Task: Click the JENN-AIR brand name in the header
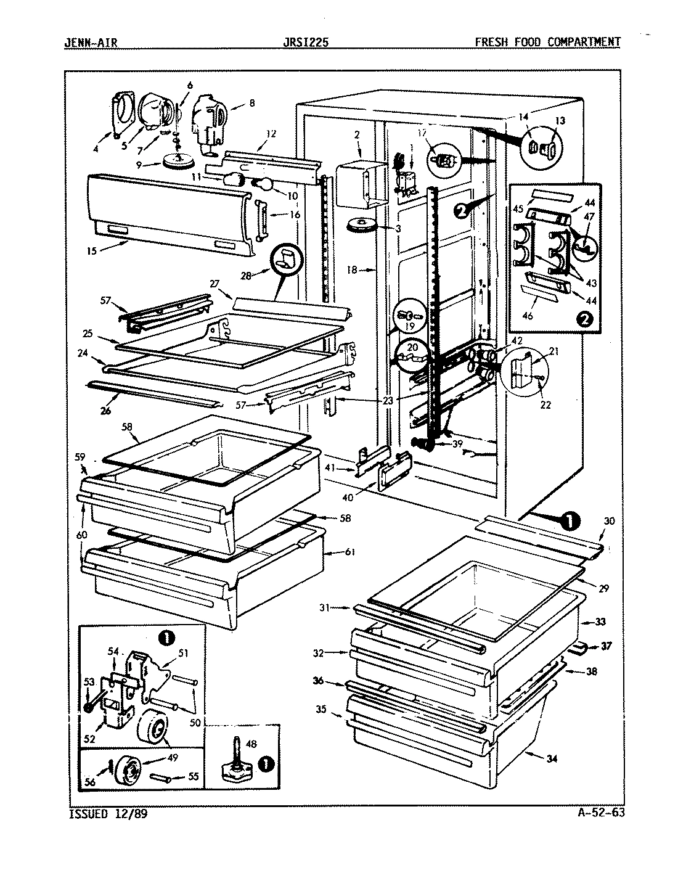coord(91,43)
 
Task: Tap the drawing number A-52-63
coord(597,812)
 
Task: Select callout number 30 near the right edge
coord(609,521)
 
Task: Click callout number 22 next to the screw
coord(545,404)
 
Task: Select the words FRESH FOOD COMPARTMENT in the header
coord(547,43)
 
